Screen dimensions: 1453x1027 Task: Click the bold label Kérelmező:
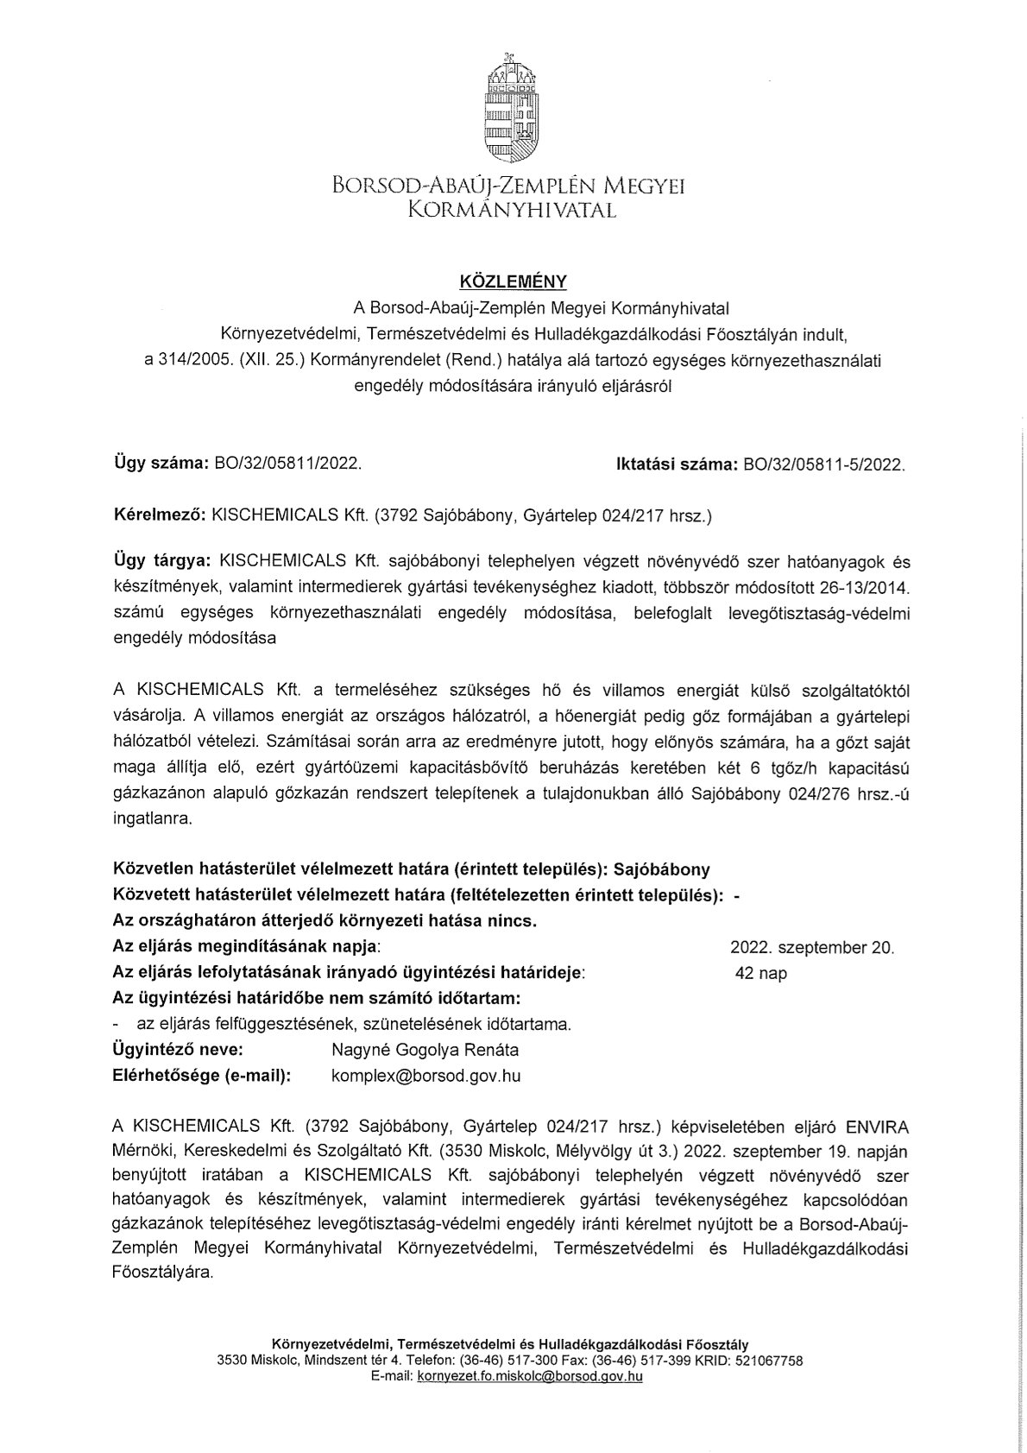(x=159, y=516)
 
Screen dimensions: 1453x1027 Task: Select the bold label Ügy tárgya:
(x=162, y=562)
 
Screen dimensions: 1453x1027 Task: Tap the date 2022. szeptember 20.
(x=811, y=947)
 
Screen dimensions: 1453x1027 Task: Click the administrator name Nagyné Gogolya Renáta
(x=425, y=1050)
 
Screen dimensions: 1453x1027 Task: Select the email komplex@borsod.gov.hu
(x=425, y=1076)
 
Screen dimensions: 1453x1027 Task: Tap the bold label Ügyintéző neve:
(x=178, y=1050)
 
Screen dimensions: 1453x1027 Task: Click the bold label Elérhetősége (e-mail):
(x=202, y=1076)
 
